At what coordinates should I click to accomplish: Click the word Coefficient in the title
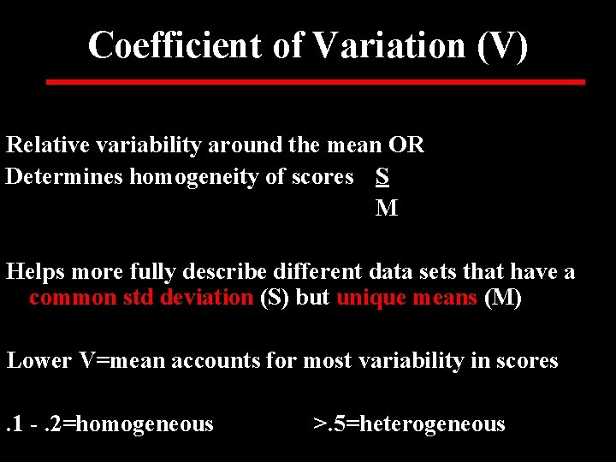pos(175,44)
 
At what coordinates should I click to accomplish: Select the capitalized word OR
pos(406,145)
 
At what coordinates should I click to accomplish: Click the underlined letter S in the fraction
pos(382,176)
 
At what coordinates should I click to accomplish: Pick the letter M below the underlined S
pos(386,208)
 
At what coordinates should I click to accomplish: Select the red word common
pos(72,298)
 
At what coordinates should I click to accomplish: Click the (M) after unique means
pos(503,298)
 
